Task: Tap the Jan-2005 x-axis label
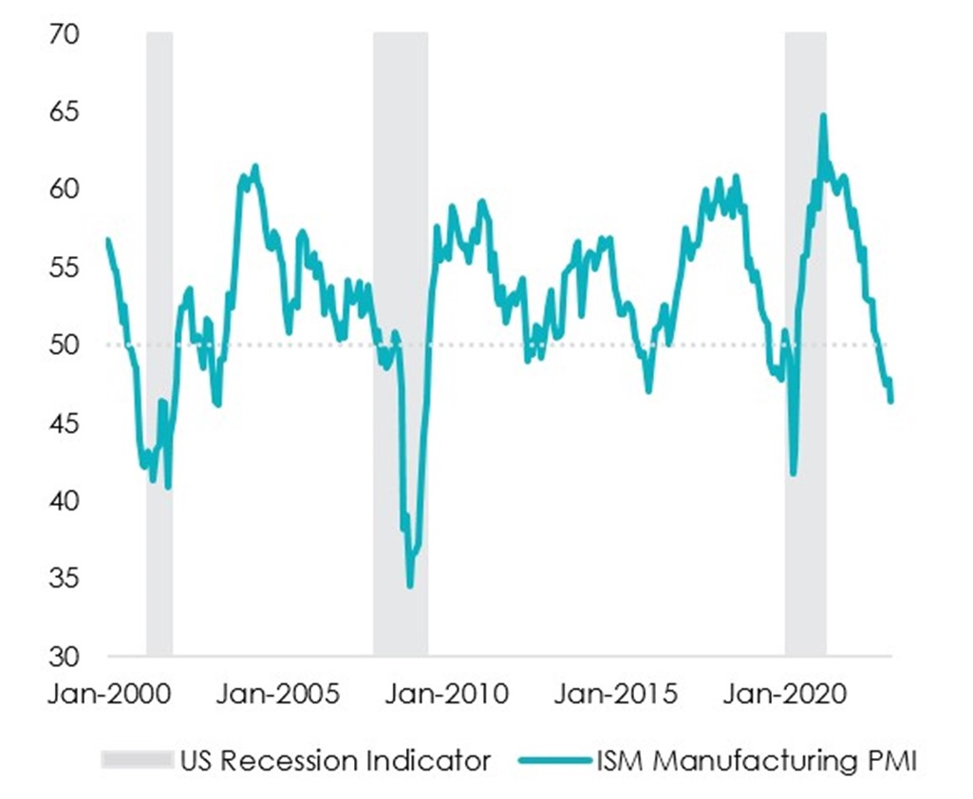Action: point(277,695)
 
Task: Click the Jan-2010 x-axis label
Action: point(445,695)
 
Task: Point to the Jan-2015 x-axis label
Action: point(616,695)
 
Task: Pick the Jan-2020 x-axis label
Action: point(784,695)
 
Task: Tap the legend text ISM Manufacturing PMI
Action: point(757,760)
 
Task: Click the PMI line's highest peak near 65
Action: point(823,116)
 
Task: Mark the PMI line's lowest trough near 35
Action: point(410,585)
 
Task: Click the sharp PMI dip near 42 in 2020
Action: point(794,474)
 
